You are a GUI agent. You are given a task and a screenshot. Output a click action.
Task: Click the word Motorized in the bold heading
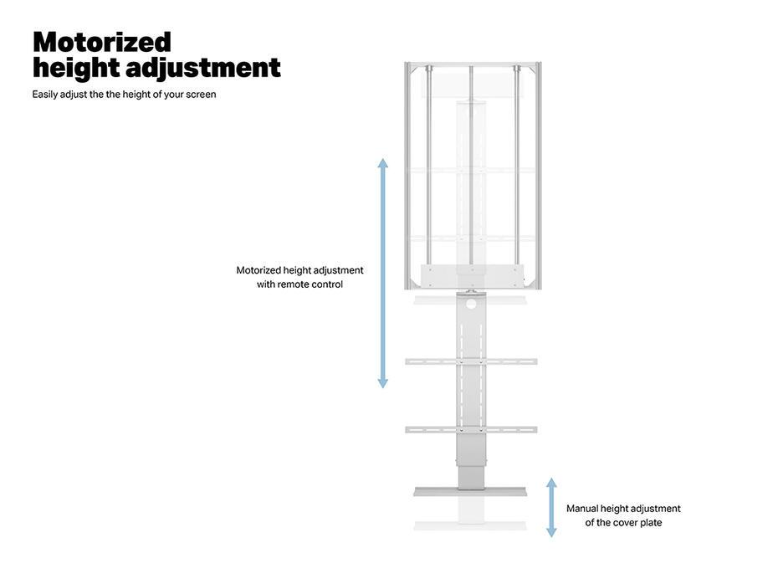pyautogui.click(x=101, y=42)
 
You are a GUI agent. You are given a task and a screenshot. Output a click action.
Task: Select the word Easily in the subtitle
pyautogui.click(x=45, y=95)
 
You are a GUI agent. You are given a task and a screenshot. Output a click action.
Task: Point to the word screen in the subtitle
pyautogui.click(x=201, y=95)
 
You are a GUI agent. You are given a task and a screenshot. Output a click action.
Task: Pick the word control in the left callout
pyautogui.click(x=327, y=284)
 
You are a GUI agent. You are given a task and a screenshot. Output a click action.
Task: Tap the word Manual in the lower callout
pyautogui.click(x=583, y=509)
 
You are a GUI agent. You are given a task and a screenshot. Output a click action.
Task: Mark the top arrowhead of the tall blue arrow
pyautogui.click(x=383, y=163)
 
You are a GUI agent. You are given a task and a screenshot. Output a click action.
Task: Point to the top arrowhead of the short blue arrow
pyautogui.click(x=551, y=484)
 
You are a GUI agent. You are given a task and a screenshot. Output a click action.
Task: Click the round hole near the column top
pyautogui.click(x=471, y=304)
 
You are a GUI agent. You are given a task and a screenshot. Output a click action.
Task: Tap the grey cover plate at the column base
pyautogui.click(x=471, y=492)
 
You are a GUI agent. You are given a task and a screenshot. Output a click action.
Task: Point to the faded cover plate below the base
pyautogui.click(x=471, y=525)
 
